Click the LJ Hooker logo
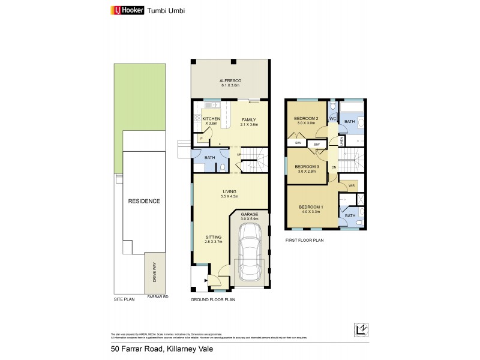click(x=125, y=10)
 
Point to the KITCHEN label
click(x=211, y=119)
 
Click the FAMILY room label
click(x=248, y=120)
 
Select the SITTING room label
click(x=214, y=237)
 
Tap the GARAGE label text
click(x=249, y=214)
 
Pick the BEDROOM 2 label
click(x=305, y=119)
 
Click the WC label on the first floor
click(x=332, y=119)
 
